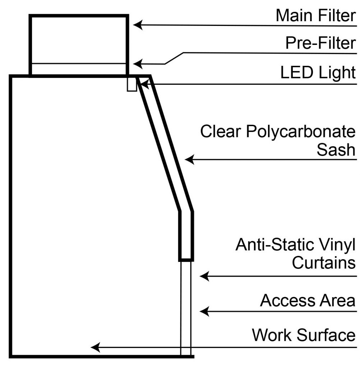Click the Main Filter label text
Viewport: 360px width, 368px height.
[316, 15]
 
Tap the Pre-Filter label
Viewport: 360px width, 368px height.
[320, 43]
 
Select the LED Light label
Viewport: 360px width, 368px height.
[318, 73]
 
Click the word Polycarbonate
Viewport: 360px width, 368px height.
[301, 132]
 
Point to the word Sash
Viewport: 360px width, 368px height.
[336, 149]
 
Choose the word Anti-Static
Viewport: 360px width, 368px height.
[275, 245]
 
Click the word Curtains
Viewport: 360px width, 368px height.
[324, 263]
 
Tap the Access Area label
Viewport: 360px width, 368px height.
[308, 300]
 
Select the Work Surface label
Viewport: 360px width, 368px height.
[304, 335]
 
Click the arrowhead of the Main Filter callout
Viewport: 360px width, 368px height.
[138, 25]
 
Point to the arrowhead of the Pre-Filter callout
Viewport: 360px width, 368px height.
[138, 64]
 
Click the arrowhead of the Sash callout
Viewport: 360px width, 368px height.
[189, 160]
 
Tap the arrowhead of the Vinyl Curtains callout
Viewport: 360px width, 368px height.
[204, 276]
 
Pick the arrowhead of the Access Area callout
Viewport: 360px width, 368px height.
[204, 312]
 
